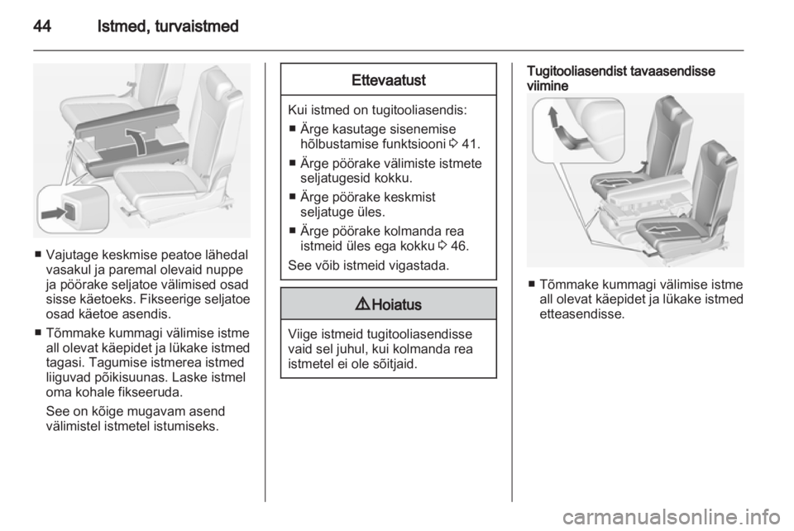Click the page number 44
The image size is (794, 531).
(42, 26)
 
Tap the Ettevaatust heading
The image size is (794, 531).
(389, 80)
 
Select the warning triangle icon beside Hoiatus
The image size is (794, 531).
(364, 304)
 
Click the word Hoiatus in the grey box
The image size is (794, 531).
(396, 304)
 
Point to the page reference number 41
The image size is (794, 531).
(469, 144)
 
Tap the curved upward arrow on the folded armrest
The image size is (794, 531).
(136, 141)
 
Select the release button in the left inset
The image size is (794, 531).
(69, 211)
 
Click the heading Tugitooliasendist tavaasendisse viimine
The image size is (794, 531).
(621, 79)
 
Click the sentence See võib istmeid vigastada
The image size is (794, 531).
(369, 265)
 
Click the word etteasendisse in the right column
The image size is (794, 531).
(582, 313)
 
